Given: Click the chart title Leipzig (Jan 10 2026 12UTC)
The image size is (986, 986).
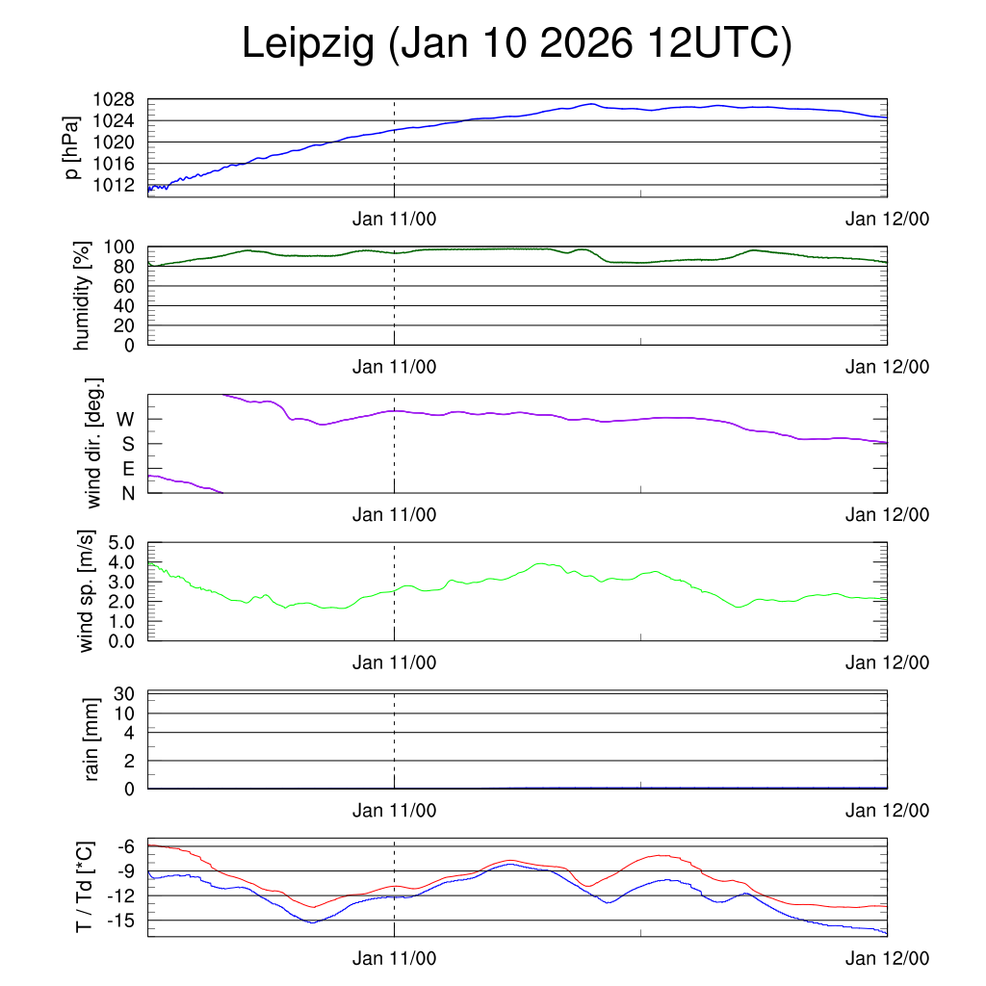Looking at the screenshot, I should click(516, 45).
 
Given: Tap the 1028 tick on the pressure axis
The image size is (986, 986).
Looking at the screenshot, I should click(113, 99).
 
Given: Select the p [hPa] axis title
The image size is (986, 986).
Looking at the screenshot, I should click(71, 147).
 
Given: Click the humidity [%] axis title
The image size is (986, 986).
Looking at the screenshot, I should click(83, 295).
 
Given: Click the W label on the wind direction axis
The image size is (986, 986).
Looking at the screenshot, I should click(125, 419).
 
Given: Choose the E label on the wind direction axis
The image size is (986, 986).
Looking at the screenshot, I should click(127, 468).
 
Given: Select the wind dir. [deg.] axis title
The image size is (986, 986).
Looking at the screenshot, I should click(94, 443).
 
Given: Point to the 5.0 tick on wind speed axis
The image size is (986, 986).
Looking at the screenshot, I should click(121, 542).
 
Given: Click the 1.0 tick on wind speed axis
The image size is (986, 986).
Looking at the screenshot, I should click(121, 620).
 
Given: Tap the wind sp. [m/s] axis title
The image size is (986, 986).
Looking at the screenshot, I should click(88, 590).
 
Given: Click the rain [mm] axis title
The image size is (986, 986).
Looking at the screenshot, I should click(92, 739).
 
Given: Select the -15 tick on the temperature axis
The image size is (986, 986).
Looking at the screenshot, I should click(121, 921).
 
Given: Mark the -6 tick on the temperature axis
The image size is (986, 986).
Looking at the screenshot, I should click(126, 846).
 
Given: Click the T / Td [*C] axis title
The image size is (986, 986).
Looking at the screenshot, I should click(85, 886).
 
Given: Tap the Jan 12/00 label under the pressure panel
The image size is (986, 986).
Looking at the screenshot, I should click(887, 220).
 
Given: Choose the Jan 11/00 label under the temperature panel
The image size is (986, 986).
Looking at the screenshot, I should click(394, 959).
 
